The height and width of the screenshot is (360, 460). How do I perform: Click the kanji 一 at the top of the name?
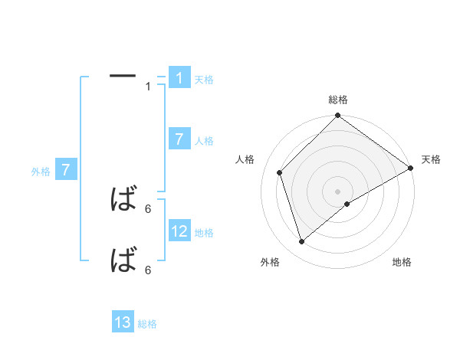pos(123,76)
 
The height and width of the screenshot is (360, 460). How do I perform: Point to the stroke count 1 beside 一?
pos(148,87)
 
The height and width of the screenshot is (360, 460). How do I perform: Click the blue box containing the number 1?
pos(179,78)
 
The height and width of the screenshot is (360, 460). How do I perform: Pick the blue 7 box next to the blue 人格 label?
pos(179,139)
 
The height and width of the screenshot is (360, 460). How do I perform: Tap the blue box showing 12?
pos(179,231)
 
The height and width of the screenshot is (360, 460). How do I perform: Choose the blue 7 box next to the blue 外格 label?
pos(66,170)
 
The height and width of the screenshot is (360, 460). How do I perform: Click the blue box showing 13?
pos(123,323)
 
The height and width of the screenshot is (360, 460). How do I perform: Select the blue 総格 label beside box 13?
pos(147,324)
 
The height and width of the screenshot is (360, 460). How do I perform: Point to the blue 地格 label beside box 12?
pos(204,233)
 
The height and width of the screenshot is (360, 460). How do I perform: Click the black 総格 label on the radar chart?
pos(338,100)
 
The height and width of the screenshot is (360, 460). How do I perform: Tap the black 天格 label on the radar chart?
pos(431,159)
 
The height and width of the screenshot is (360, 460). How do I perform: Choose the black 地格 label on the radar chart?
pos(402,262)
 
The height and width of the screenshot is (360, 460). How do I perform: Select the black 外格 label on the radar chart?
pos(270,262)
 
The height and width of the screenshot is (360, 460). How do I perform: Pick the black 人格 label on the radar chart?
pos(245,159)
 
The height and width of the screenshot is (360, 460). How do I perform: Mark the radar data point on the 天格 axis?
pos(410,168)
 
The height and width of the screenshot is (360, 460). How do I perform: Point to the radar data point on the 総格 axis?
pos(337,116)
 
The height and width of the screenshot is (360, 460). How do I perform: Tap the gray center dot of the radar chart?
pos(337,191)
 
